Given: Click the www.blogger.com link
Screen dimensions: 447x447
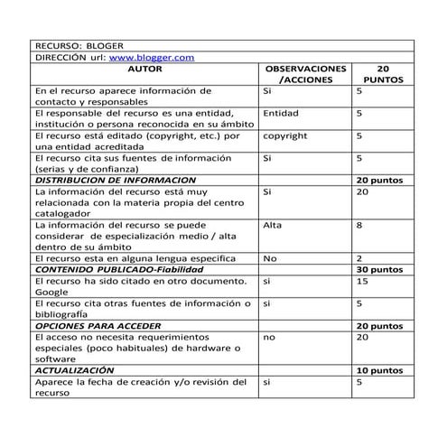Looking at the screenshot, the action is (x=154, y=57).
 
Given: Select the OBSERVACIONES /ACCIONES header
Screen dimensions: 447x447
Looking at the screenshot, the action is (x=304, y=74).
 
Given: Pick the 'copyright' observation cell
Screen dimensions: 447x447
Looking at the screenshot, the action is (x=284, y=135).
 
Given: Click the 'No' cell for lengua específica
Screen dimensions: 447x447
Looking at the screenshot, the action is (x=269, y=258).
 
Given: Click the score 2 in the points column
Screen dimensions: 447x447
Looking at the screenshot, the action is (x=359, y=258).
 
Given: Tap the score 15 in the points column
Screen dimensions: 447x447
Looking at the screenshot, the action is (x=362, y=281).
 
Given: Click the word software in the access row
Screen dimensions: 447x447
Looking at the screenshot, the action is (x=57, y=359).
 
